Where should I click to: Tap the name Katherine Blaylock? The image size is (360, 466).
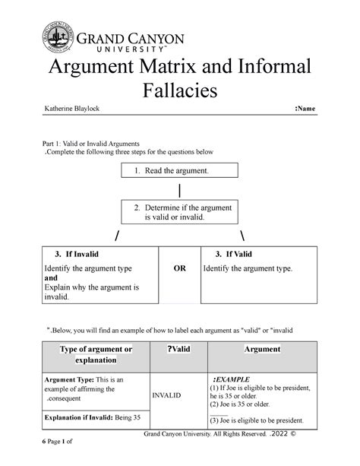click(x=76, y=111)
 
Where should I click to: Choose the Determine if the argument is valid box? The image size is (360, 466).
click(x=180, y=212)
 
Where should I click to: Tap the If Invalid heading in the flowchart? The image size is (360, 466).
click(x=72, y=253)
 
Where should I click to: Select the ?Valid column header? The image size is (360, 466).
click(x=182, y=348)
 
